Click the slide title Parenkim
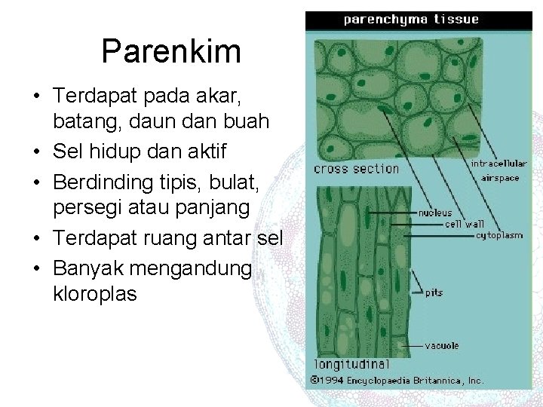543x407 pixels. tap(171, 52)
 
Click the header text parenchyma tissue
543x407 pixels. tap(411, 20)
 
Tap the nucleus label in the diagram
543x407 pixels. tap(436, 213)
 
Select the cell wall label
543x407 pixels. tap(465, 224)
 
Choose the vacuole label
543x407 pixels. tap(440, 347)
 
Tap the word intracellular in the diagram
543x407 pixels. tap(498, 163)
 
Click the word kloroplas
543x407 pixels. tap(95, 294)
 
